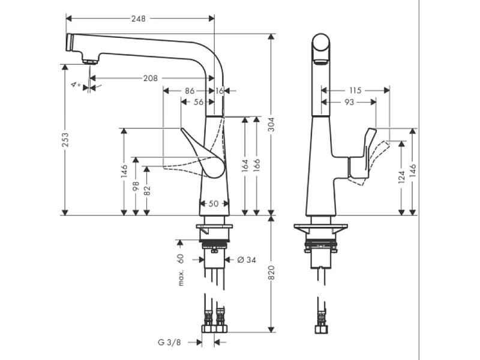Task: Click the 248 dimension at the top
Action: (139, 19)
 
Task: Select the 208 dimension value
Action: (151, 79)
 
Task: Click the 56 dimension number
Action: (199, 103)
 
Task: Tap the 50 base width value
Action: (213, 204)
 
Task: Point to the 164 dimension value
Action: (245, 166)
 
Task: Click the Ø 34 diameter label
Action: (247, 260)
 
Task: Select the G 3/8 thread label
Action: (170, 343)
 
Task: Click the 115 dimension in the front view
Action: (355, 91)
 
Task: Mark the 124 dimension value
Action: (401, 178)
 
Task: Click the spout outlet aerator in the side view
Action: (88, 61)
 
